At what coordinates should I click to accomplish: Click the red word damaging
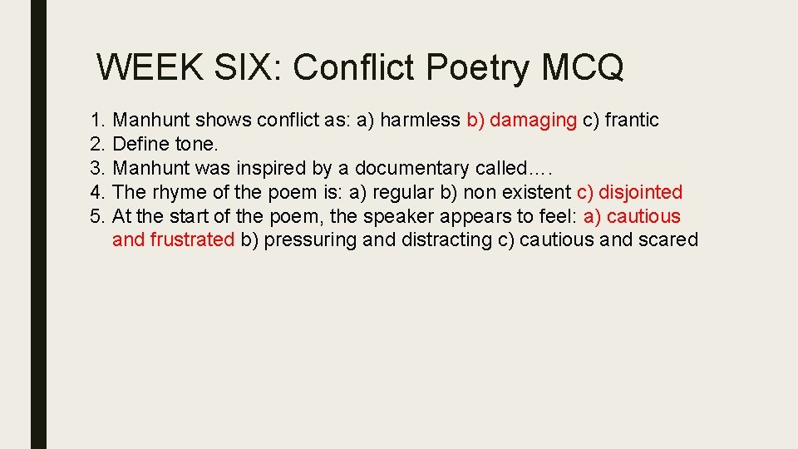(533, 121)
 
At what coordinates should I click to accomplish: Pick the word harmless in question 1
(420, 121)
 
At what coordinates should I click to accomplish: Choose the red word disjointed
(640, 193)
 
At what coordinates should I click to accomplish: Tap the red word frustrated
(192, 240)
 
